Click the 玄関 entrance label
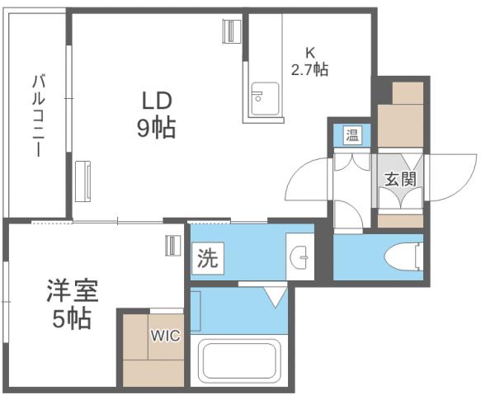pyautogui.click(x=399, y=179)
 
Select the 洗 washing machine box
pyautogui.click(x=207, y=258)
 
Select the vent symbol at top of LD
pyautogui.click(x=229, y=32)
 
